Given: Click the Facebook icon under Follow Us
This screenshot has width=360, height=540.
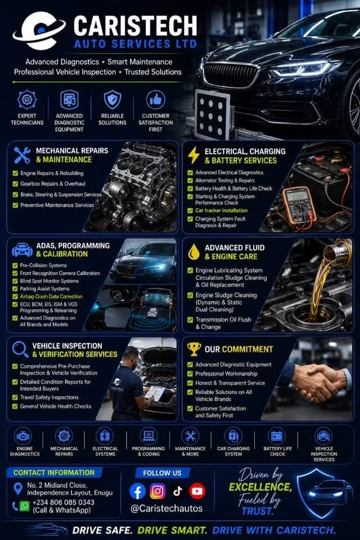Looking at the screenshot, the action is [137, 491].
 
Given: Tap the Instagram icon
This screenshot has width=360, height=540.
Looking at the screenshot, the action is [157, 491].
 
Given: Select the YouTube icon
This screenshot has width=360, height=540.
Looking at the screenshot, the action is [197, 491].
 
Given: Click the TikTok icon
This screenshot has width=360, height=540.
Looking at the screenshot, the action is [177, 491].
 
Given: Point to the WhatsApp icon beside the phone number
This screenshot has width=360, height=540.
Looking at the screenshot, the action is [24, 506].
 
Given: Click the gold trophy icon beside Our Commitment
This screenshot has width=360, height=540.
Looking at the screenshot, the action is [194, 349].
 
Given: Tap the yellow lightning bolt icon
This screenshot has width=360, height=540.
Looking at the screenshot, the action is [193, 155].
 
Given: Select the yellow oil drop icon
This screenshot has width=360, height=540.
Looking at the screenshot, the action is [194, 252].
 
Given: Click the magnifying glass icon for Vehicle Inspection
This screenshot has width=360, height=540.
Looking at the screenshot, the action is [20, 349].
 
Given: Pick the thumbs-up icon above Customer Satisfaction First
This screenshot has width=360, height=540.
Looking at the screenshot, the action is [156, 100].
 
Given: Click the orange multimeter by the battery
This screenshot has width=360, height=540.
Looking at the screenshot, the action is [299, 208].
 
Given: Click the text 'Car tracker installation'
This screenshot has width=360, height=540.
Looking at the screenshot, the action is [221, 210].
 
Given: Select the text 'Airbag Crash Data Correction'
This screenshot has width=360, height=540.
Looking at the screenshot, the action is [51, 296].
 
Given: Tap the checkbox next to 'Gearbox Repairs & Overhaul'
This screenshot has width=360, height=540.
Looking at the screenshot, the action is [15, 184].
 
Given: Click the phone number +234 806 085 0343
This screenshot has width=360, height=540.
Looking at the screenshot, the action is [64, 502].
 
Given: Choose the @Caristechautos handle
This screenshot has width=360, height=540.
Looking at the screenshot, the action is [166, 508].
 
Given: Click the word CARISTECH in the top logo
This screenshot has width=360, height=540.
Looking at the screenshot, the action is [136, 26].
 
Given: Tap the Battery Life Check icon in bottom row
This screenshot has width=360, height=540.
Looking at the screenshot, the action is [277, 436].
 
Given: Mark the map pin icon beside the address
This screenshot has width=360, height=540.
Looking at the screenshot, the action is [17, 489].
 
